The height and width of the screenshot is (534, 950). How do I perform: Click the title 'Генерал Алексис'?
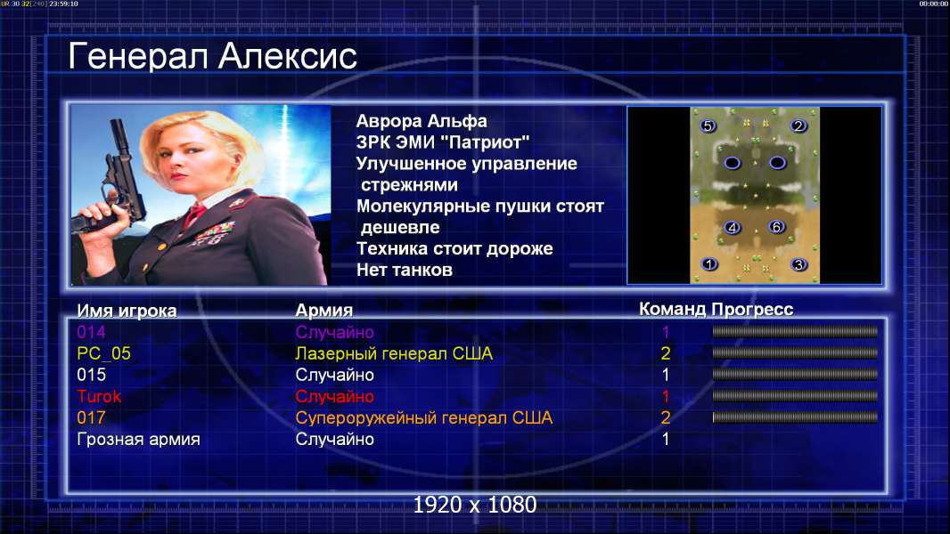click(212, 56)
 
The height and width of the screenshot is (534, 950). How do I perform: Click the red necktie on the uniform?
click(194, 214)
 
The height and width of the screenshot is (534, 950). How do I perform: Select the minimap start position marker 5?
click(708, 125)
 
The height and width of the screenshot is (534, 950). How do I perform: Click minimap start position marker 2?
click(798, 125)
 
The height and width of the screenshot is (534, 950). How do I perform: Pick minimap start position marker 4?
click(733, 228)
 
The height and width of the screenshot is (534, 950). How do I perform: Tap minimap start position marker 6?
click(776, 227)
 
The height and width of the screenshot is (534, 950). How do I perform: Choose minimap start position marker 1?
click(708, 264)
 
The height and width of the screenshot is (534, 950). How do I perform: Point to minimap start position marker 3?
click(799, 265)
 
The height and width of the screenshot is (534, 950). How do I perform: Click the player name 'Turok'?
click(99, 397)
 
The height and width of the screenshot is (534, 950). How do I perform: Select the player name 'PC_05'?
click(103, 354)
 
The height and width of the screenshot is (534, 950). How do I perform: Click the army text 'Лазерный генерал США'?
click(394, 354)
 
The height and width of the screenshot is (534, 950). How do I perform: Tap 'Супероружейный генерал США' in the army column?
click(423, 418)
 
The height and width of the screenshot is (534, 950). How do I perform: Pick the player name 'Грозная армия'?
click(138, 439)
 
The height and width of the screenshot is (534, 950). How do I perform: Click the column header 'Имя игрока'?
click(127, 311)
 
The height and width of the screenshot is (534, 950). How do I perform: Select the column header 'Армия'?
click(323, 311)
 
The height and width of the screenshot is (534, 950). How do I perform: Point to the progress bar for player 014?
click(795, 331)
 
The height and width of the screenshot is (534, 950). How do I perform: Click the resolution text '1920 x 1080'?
click(475, 505)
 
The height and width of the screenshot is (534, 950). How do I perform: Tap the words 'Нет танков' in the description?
click(404, 270)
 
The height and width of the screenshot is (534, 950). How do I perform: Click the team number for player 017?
click(665, 418)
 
